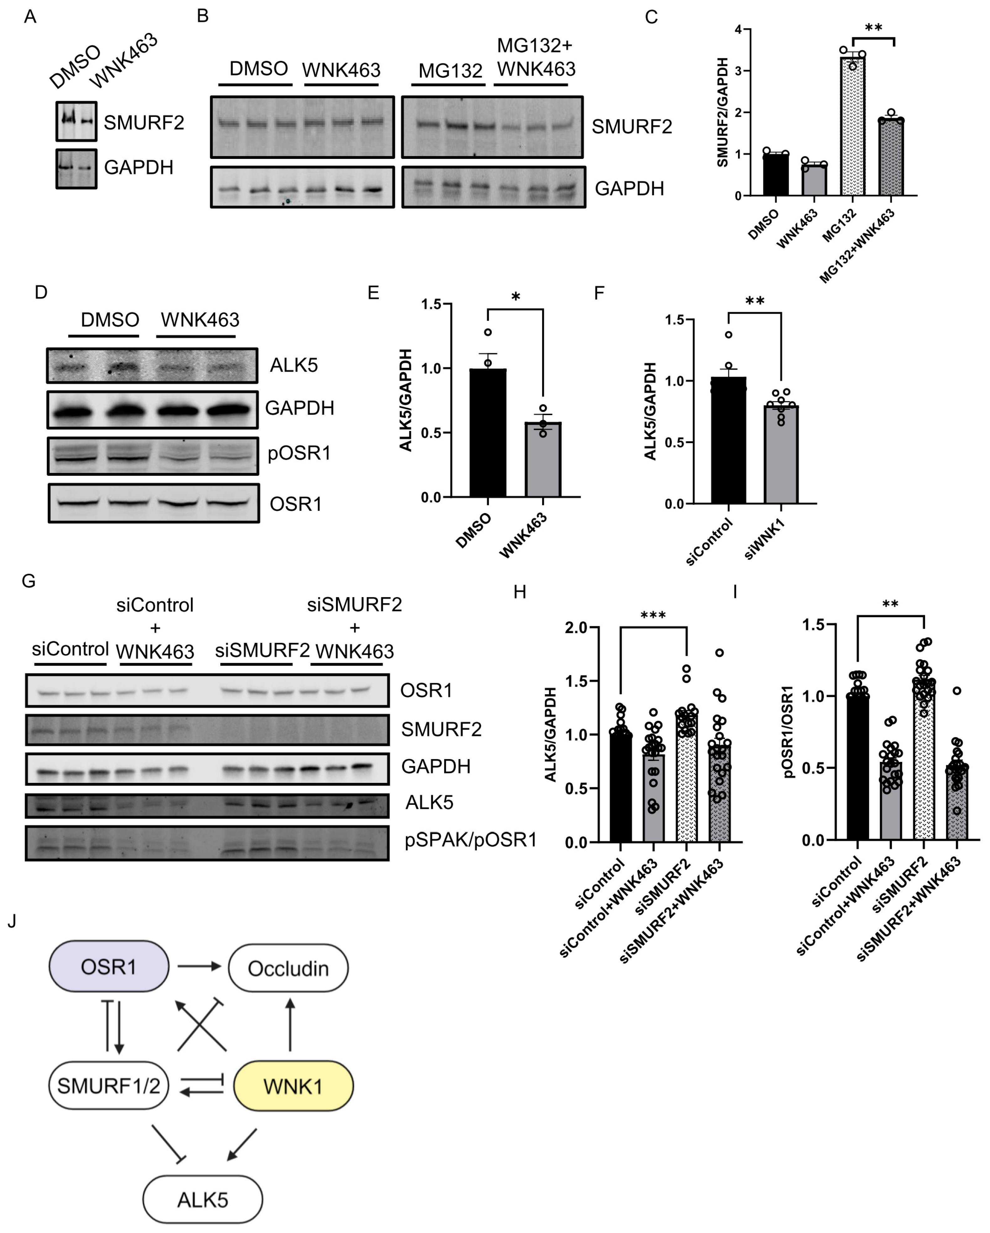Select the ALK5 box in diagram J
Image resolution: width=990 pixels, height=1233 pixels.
coord(202,1199)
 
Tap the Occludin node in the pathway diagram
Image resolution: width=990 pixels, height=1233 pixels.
coord(288,968)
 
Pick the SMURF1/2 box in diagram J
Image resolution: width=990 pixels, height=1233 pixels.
coord(109,1085)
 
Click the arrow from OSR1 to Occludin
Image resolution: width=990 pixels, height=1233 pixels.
coord(198,967)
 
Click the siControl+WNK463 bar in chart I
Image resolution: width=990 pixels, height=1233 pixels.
coord(890,801)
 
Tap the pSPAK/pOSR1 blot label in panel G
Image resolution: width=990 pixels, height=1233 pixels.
coord(470,840)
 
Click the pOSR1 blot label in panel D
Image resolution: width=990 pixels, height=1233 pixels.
coord(299,454)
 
